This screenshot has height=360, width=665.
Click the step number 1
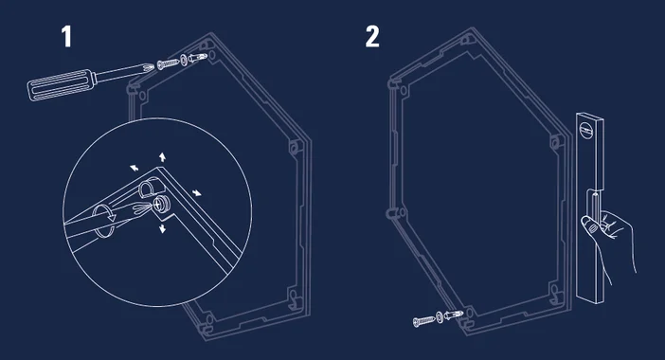pos(66,36)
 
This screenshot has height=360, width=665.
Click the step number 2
pos(372,36)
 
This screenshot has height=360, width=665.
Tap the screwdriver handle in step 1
pos(61,85)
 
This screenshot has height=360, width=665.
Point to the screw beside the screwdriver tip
pos(169,63)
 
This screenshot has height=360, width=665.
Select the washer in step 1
pos(183,60)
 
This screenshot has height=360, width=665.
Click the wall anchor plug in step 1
pos(198,57)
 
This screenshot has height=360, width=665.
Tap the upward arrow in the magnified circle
pos(162,157)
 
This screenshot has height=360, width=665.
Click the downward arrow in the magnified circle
pos(162,228)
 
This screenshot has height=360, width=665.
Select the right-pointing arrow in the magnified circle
pos(196,193)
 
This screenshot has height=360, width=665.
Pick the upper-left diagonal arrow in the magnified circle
pos(134,168)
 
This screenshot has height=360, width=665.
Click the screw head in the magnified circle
pos(161,204)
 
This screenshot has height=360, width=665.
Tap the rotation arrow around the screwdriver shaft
pos(104,221)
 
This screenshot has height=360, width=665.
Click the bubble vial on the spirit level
pos(586,129)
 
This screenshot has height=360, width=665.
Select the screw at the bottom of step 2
pos(423,321)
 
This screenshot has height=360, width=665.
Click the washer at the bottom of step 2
pos(439,316)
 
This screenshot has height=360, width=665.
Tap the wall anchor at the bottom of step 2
pos(454,315)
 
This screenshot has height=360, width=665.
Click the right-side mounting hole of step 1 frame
pos(295,148)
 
